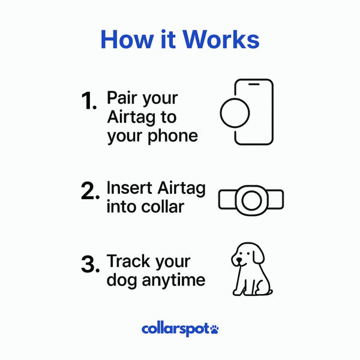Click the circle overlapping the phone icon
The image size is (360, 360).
pos(238,112)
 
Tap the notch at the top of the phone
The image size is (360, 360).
pos(254,85)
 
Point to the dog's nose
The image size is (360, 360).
pos(240,260)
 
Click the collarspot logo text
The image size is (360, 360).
pos(175,329)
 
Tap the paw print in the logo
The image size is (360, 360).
pos(214,328)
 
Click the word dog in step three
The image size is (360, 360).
pos(119,280)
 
